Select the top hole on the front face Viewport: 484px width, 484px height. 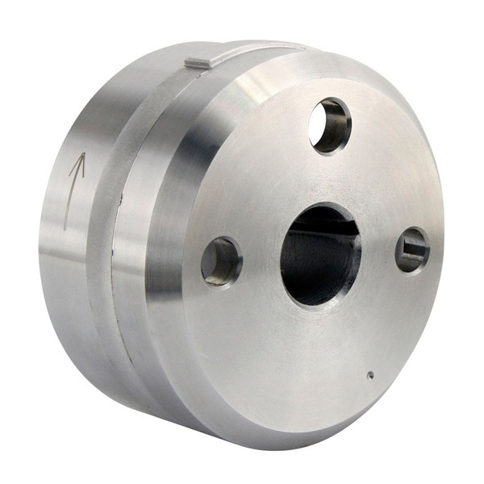330,126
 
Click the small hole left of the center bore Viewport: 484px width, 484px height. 221,261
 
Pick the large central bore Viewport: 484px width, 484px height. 320,254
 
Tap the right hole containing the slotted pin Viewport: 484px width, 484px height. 412,249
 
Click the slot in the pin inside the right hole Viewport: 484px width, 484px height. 414,249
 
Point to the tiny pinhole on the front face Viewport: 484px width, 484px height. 369,375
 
